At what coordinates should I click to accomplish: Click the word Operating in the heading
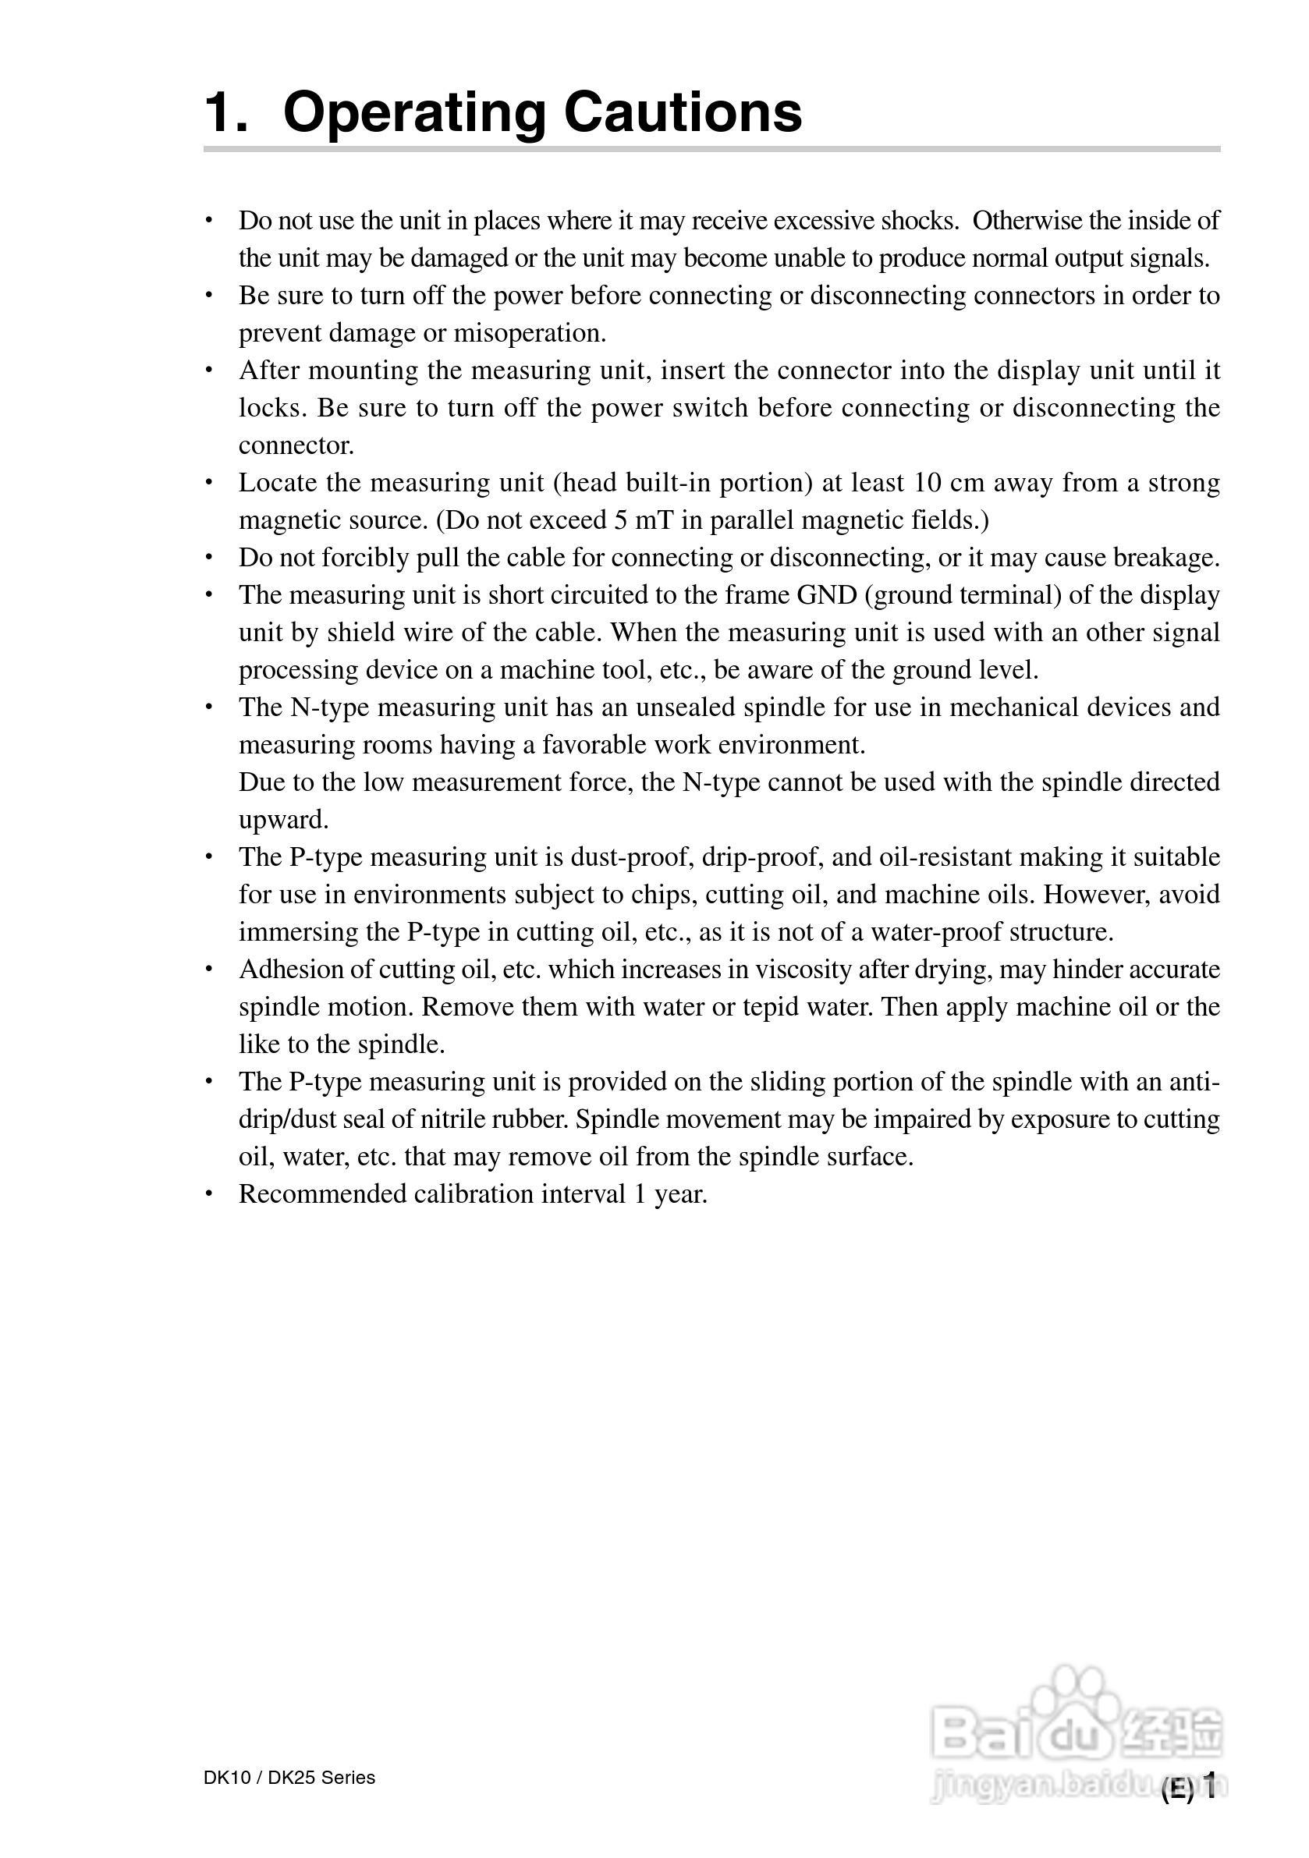[414, 113]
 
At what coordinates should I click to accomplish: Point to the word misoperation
[530, 332]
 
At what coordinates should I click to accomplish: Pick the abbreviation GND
[827, 595]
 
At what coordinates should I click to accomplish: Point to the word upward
[283, 820]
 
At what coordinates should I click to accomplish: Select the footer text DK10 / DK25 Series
[289, 1777]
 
